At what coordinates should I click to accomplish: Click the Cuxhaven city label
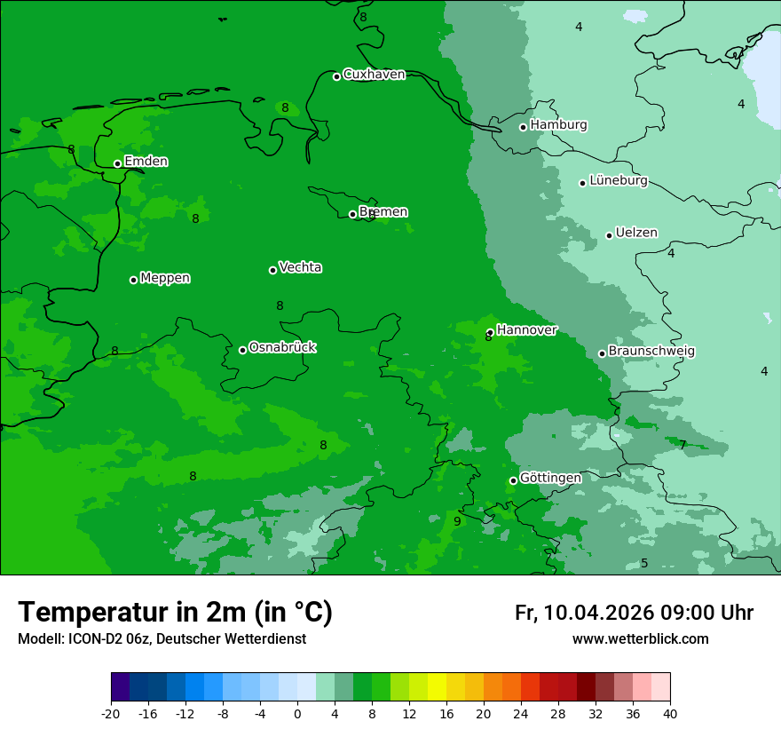pos(374,75)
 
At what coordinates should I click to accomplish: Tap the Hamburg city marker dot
pos(524,127)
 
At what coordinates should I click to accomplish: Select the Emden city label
pos(146,162)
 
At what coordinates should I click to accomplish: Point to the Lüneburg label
pos(619,181)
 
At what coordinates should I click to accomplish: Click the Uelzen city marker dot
pos(610,235)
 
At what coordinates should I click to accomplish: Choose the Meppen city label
pos(165,278)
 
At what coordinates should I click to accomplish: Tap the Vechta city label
pos(300,267)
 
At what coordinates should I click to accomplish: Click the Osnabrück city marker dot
pos(242,350)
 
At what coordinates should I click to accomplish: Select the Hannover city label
pos(526,330)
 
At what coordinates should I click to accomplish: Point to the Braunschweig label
pos(651,352)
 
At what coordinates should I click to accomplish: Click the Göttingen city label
pos(550,479)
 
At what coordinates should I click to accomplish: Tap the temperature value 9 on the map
pos(457,521)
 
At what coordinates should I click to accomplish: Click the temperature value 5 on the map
pos(644,563)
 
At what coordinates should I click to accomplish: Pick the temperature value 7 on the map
pos(682,444)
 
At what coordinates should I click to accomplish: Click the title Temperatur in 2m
pos(175,613)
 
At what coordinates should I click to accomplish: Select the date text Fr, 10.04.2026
pos(584,613)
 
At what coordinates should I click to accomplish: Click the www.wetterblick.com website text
pos(640,639)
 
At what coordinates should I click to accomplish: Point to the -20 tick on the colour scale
pos(111,714)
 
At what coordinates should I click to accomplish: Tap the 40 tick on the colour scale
pos(670,714)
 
